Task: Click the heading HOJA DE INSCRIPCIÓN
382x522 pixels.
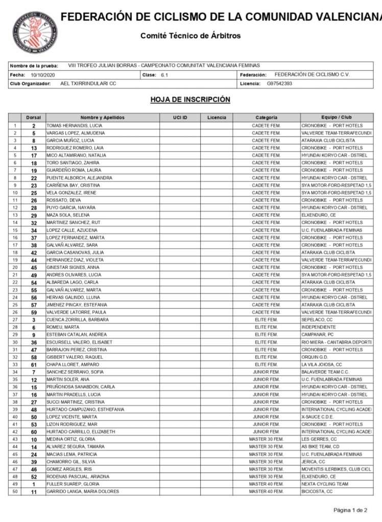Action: (190, 99)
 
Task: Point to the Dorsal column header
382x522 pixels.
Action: (34, 118)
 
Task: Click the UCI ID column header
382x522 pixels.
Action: (180, 118)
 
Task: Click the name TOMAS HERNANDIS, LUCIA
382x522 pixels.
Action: (70, 125)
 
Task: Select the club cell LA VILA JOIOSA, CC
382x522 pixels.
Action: (322, 364)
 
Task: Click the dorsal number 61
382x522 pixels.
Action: (34, 364)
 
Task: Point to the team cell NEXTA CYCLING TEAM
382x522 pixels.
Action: (325, 484)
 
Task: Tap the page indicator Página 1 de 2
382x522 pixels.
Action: (350, 510)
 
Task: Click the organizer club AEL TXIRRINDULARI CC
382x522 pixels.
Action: (88, 83)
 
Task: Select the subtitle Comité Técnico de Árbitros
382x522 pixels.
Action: (190, 36)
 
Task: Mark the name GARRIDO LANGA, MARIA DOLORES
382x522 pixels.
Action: (82, 491)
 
